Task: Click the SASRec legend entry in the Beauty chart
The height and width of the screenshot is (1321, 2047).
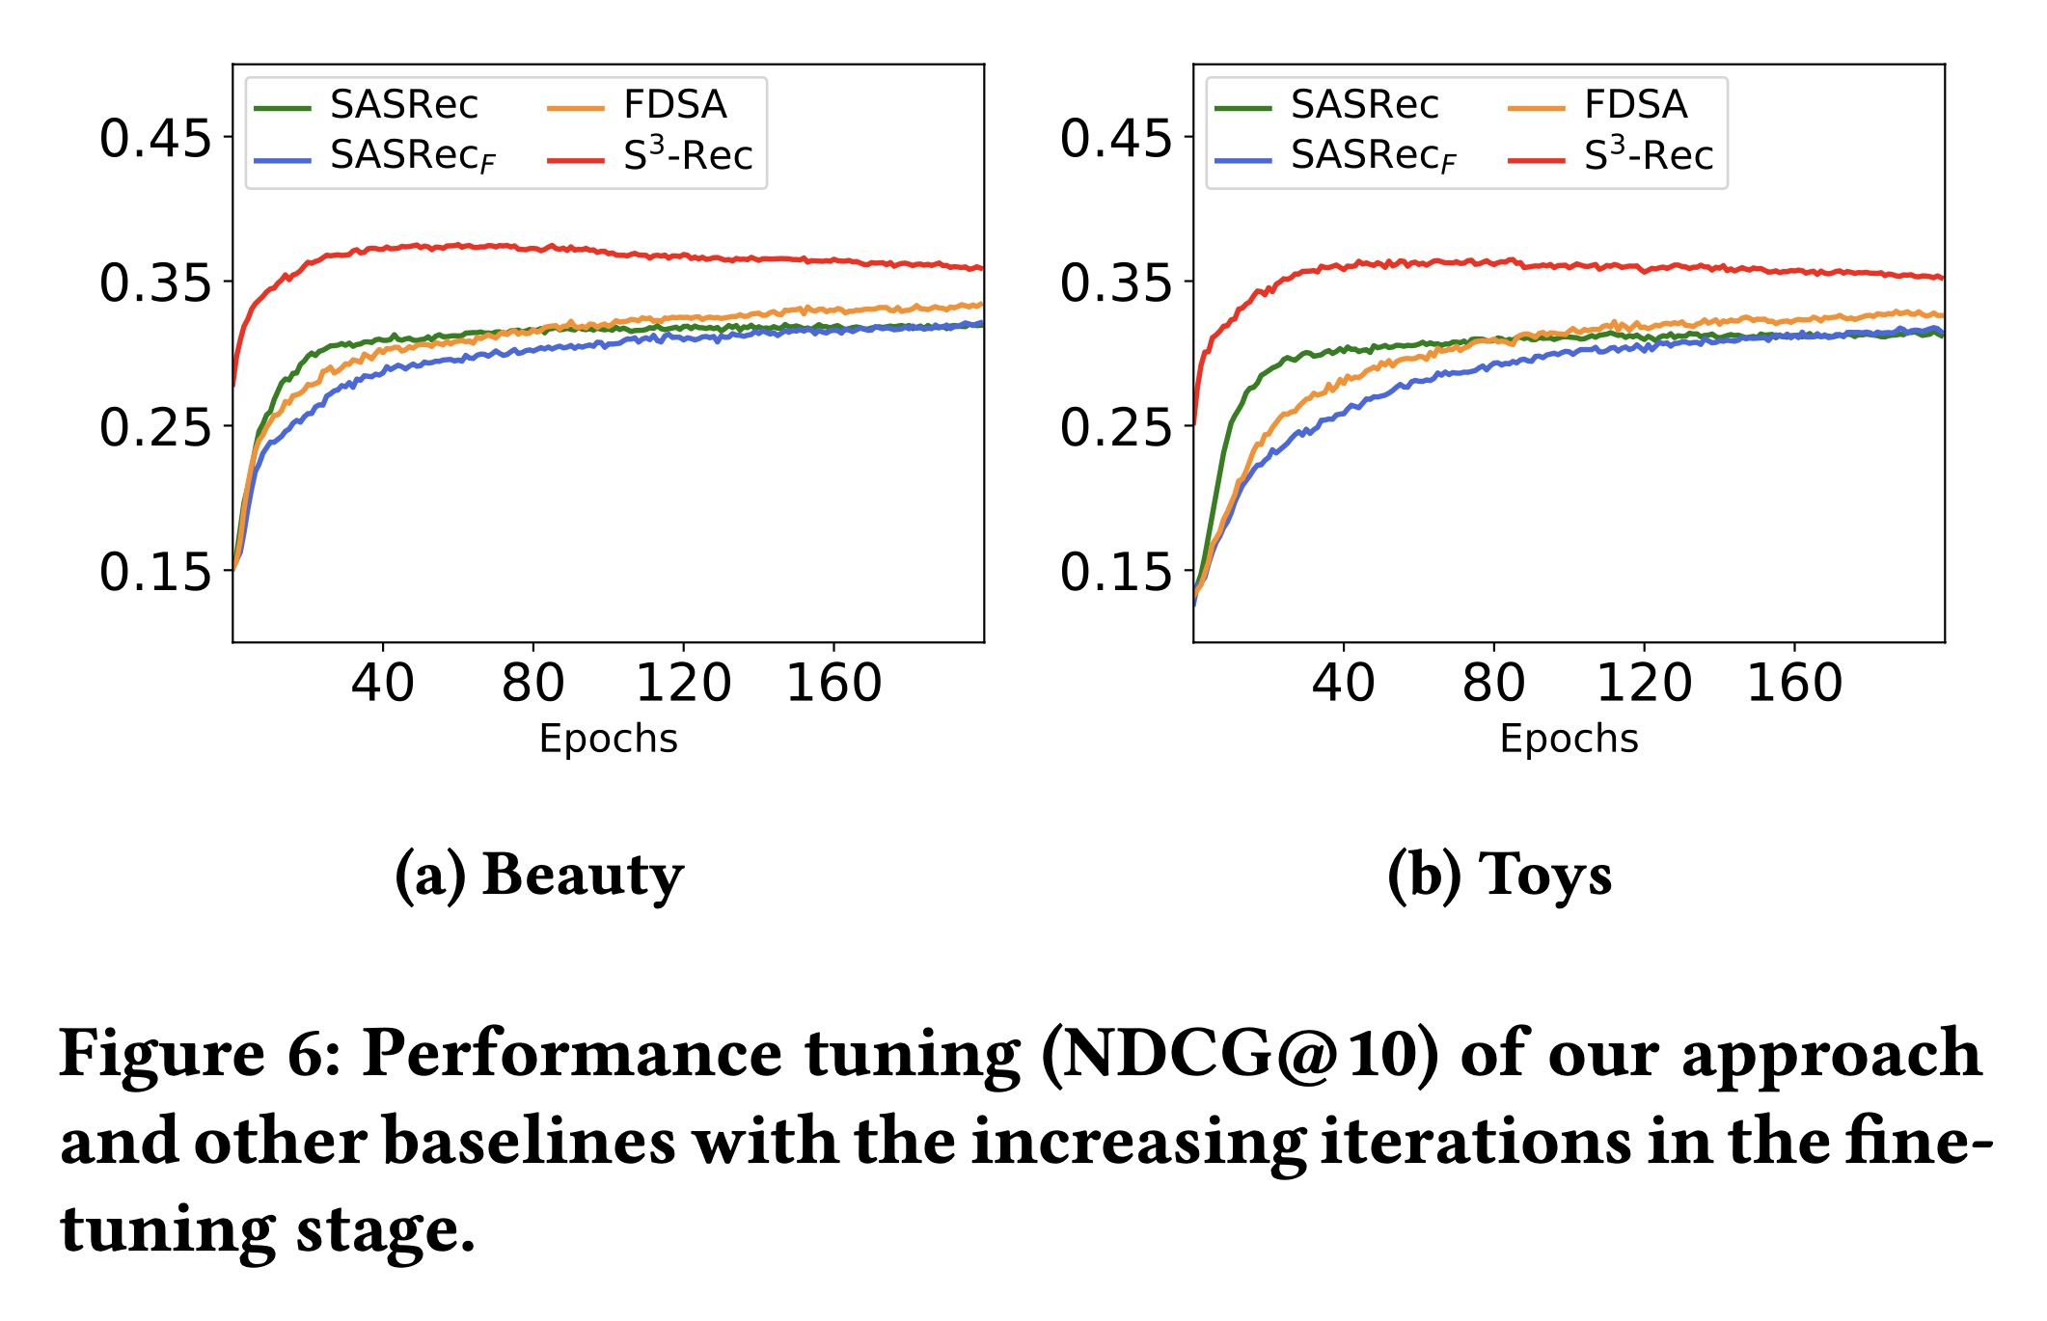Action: pos(403,104)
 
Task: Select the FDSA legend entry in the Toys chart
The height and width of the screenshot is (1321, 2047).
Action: pos(1635,104)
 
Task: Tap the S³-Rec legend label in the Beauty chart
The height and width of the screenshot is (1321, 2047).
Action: pos(687,155)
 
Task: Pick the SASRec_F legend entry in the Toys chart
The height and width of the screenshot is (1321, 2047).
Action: pos(1373,156)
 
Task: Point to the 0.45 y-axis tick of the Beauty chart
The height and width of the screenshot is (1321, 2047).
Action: pos(154,138)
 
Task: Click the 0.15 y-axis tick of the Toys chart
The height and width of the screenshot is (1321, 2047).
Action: pos(1115,572)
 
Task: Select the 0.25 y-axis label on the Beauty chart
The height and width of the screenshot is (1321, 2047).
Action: pos(154,427)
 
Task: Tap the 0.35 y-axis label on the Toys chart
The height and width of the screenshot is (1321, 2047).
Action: pos(1115,283)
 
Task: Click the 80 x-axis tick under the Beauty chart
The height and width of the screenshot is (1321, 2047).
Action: pos(532,683)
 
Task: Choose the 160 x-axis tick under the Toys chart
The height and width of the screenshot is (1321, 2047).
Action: pos(1794,683)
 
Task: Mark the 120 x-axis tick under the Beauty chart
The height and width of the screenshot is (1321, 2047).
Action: pos(683,683)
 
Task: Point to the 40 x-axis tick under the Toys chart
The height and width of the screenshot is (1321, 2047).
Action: pos(1343,683)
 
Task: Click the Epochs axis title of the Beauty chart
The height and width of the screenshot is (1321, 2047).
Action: pos(608,739)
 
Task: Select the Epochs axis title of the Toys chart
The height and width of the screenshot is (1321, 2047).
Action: pos(1569,739)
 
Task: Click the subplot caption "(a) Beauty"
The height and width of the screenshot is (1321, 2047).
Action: pos(539,875)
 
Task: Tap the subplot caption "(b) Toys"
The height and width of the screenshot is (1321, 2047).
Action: pos(1499,875)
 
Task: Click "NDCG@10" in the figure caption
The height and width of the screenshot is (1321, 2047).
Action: pos(1240,1053)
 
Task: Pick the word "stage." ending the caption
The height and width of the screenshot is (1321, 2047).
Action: pos(385,1230)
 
